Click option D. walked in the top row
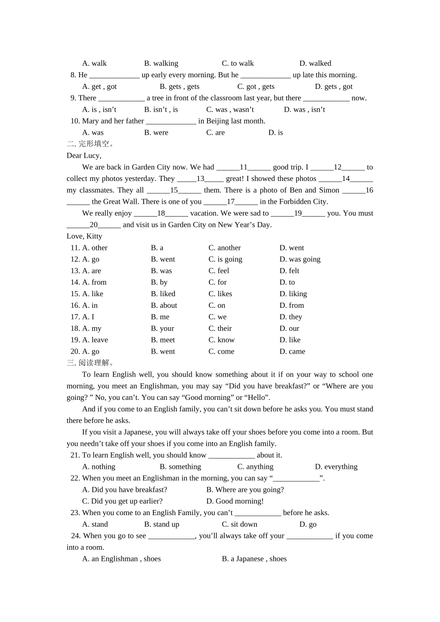(315, 63)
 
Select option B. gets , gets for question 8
(179, 87)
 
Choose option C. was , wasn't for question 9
(230, 110)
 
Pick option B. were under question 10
(156, 133)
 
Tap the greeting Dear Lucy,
(84, 155)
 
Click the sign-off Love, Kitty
(84, 236)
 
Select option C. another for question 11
(224, 248)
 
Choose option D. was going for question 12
(300, 259)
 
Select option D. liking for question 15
(293, 294)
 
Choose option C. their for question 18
(220, 329)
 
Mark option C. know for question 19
(221, 340)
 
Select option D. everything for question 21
(336, 467)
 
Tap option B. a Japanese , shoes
(254, 559)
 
